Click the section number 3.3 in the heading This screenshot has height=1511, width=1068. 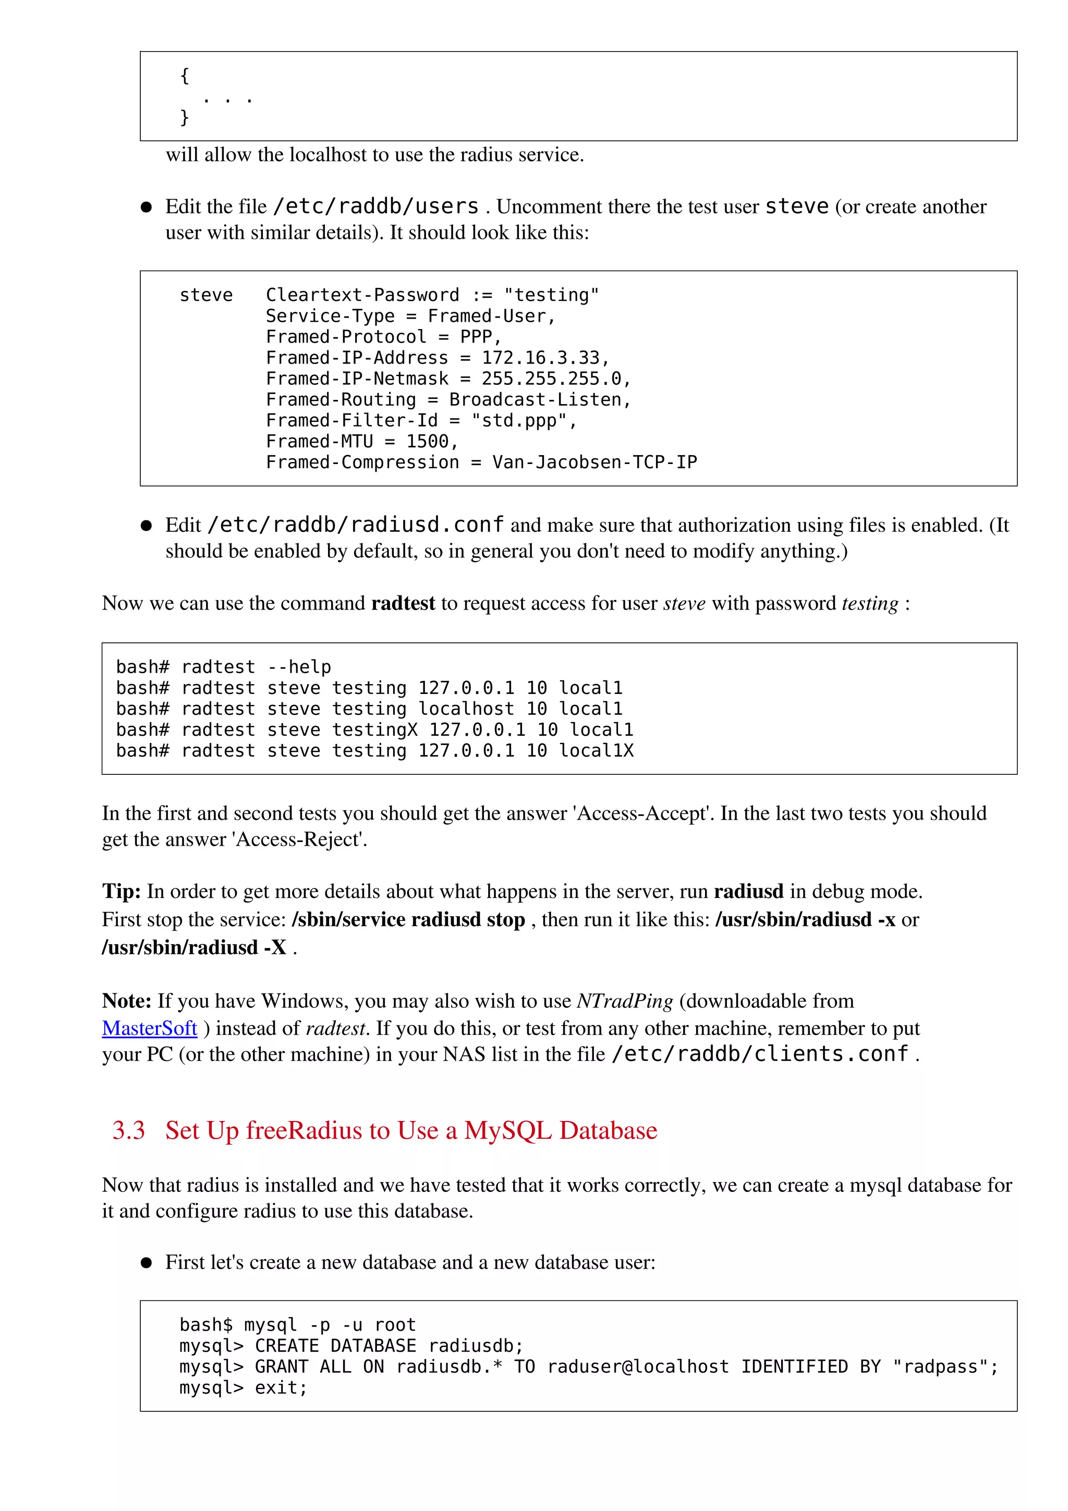tap(128, 1130)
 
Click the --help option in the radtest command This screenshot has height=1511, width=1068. tap(299, 667)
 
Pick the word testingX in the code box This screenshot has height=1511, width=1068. tap(374, 729)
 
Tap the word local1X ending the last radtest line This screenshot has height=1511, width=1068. tap(596, 750)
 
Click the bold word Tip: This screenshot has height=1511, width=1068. tap(121, 891)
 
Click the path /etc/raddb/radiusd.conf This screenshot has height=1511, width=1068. tap(355, 525)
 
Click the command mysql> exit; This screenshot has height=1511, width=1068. tap(243, 1388)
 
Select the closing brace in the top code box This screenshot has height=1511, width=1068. tap(184, 117)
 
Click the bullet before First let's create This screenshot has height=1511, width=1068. tap(147, 1262)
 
